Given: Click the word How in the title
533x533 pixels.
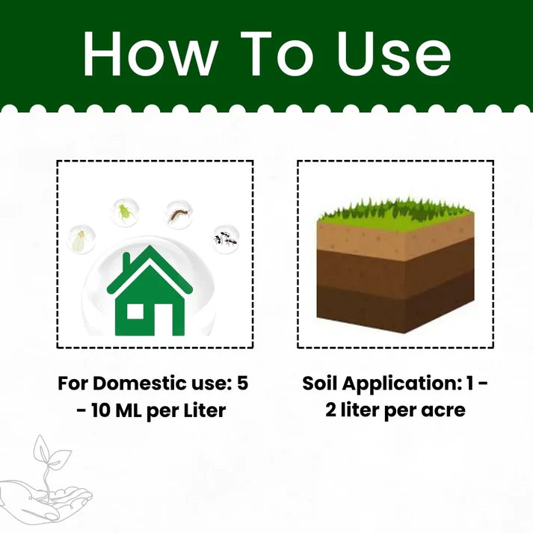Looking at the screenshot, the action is pyautogui.click(x=150, y=53).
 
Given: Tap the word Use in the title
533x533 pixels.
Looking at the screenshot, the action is pyautogui.click(x=394, y=53).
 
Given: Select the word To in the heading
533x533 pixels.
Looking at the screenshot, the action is pyautogui.click(x=277, y=53).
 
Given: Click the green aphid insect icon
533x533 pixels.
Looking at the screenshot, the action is pyautogui.click(x=124, y=212).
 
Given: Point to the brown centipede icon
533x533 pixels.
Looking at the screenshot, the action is pyautogui.click(x=179, y=215).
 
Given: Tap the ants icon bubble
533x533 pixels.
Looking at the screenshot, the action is pyautogui.click(x=225, y=238).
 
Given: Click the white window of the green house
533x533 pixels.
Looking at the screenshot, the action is pyautogui.click(x=135, y=312).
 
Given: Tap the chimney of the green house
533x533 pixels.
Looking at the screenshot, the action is pyautogui.click(x=126, y=262).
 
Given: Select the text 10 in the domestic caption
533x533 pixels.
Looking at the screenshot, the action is pyautogui.click(x=100, y=410).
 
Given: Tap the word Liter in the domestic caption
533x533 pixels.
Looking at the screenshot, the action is pyautogui.click(x=205, y=410).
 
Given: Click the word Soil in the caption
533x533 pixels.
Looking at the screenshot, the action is pyautogui.click(x=319, y=383).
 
